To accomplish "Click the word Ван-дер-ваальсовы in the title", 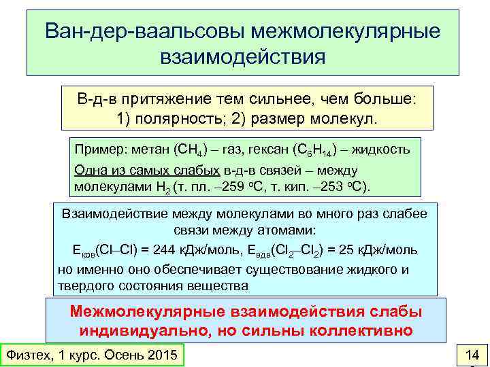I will pyautogui.click(x=144, y=32).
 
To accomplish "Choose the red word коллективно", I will pyautogui.click(x=361, y=331).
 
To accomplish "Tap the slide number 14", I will pyautogui.click(x=471, y=354).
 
